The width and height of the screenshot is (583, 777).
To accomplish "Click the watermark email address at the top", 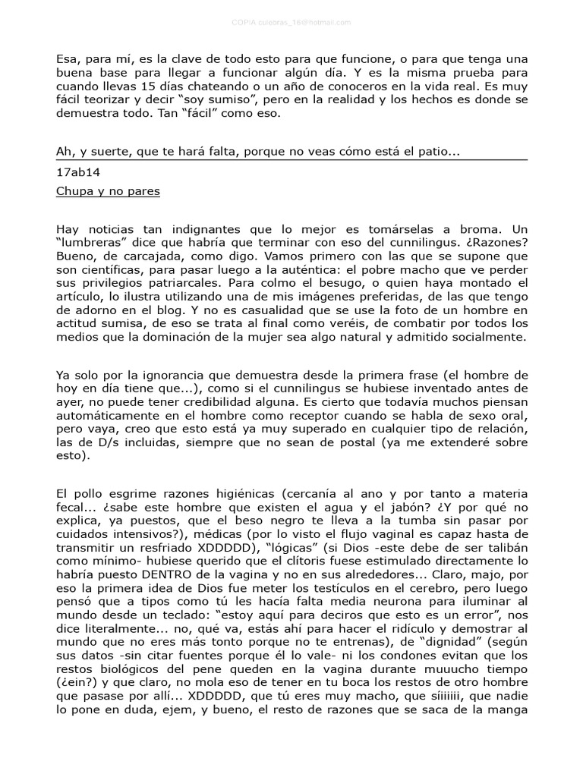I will [291, 22].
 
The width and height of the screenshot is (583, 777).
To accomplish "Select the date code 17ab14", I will [72, 171].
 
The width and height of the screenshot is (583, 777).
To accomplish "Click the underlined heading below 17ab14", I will [108, 191].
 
